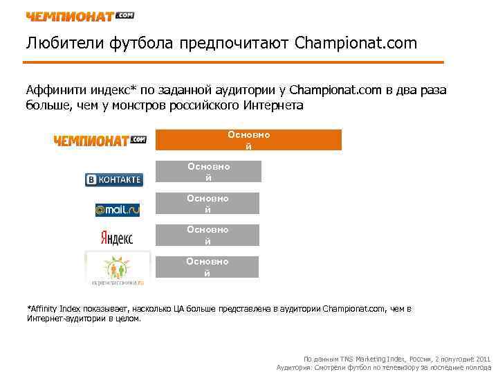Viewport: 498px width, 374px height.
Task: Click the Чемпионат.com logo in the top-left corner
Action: [80, 15]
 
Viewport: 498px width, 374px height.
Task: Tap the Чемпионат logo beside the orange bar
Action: [100, 141]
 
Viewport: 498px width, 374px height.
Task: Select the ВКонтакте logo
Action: [113, 180]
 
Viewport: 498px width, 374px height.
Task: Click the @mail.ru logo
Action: [117, 208]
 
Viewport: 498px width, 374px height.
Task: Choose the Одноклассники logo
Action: [117, 269]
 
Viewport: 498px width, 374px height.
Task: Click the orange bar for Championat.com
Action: [248, 140]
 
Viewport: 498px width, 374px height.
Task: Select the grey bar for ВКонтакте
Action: [208, 172]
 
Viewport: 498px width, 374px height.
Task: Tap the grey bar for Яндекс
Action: [207, 235]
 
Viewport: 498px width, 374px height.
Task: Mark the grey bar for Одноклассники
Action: [207, 267]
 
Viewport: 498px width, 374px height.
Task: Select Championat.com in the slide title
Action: [356, 44]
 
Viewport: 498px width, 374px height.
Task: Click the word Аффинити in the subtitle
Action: [53, 90]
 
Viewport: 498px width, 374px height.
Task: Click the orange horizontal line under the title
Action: [234, 62]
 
